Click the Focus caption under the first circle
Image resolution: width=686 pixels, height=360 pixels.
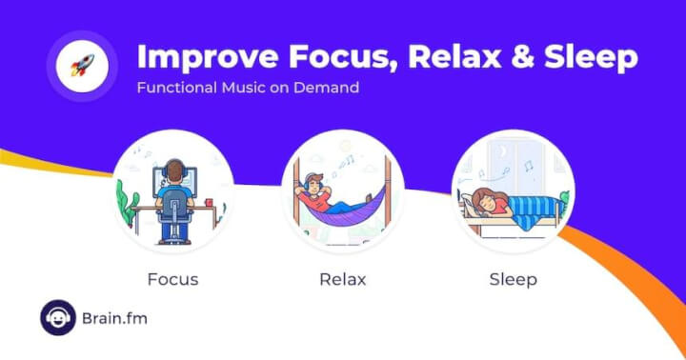pyautogui.click(x=173, y=280)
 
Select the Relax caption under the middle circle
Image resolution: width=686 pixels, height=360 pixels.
pyautogui.click(x=343, y=280)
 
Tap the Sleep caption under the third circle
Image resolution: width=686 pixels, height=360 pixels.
pyautogui.click(x=513, y=280)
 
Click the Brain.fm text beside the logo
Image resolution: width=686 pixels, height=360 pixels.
pyautogui.click(x=115, y=318)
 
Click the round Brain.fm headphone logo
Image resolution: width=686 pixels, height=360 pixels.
pyautogui.click(x=58, y=318)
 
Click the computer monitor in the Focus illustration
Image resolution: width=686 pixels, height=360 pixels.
pyautogui.click(x=181, y=179)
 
